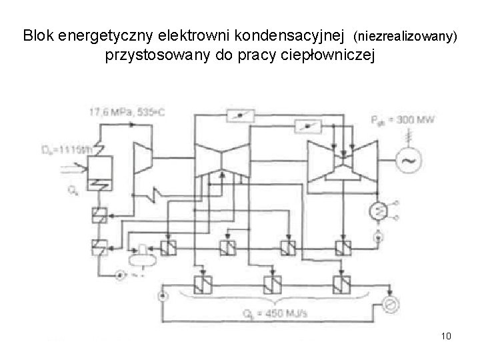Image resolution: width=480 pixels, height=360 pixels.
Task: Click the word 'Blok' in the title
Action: click(x=39, y=35)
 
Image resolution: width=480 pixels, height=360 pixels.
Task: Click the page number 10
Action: click(x=446, y=335)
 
